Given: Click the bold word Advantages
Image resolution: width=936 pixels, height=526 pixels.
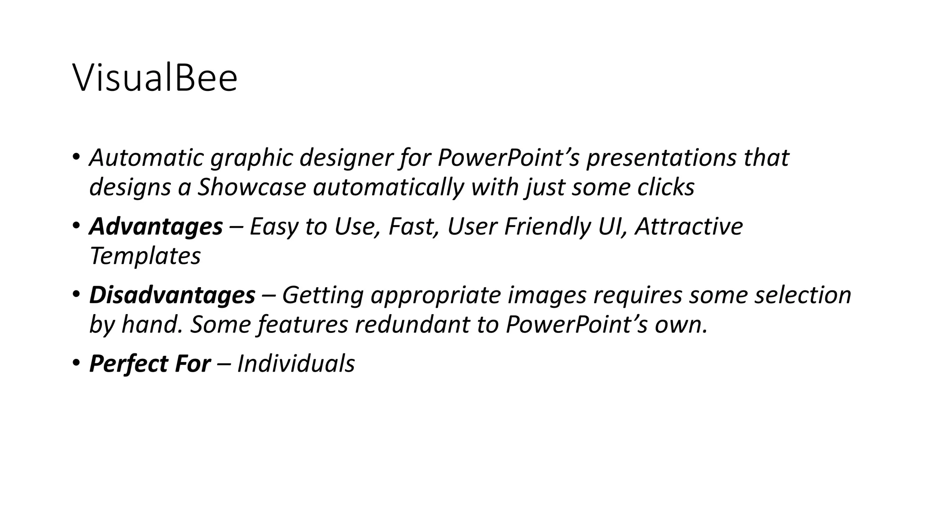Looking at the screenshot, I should pos(156,227).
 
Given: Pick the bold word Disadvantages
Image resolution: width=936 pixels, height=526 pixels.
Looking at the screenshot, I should pos(172,295).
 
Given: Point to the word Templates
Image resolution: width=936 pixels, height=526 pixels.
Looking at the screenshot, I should pos(145,256).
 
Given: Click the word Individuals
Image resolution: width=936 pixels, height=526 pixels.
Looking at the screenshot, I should pos(296,364).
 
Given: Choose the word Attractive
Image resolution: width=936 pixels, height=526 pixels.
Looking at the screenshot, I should pos(689,227).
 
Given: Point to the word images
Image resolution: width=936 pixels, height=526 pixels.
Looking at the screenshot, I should pos(547,295).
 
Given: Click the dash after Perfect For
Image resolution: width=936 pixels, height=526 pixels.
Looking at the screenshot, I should pos(224,364).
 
